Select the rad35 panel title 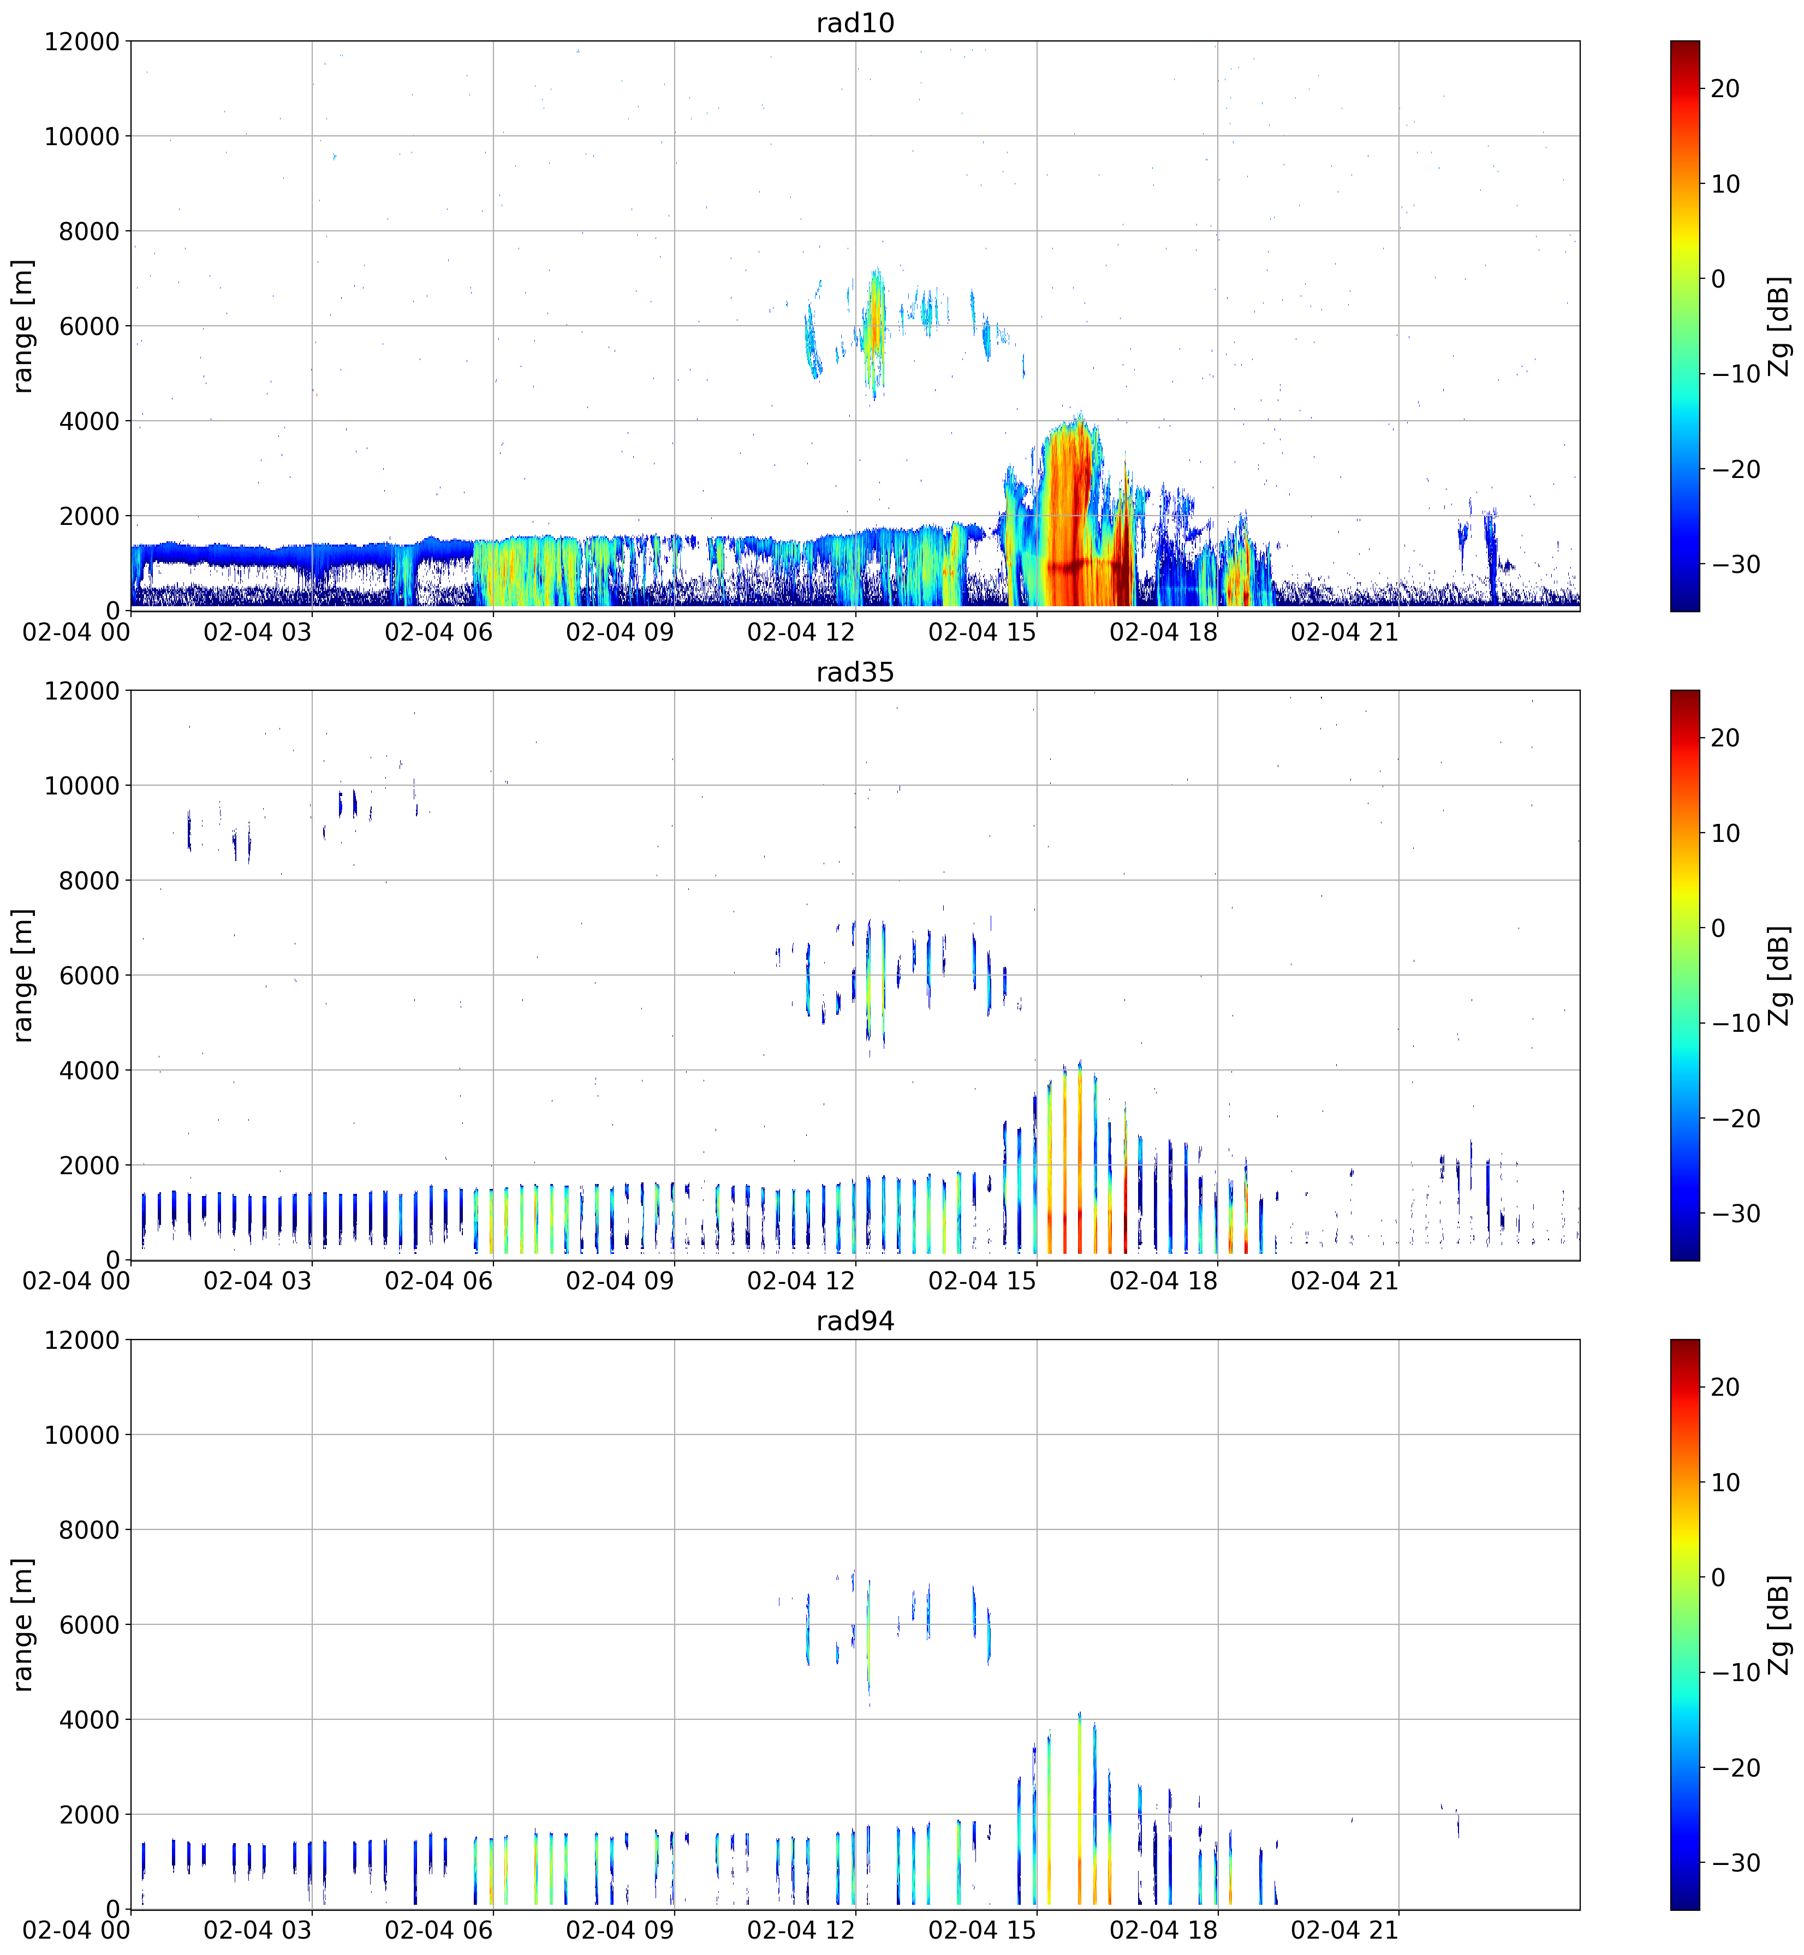click(x=855, y=672)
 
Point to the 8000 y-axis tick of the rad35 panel click(x=89, y=881)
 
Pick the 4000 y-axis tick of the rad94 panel click(x=89, y=1720)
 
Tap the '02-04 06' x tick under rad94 click(x=438, y=1930)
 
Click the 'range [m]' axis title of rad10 click(x=23, y=326)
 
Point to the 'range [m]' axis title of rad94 click(x=23, y=1624)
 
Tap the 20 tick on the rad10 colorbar click(x=1725, y=89)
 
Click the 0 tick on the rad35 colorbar click(x=1718, y=928)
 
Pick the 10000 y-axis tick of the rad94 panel click(x=82, y=1435)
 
